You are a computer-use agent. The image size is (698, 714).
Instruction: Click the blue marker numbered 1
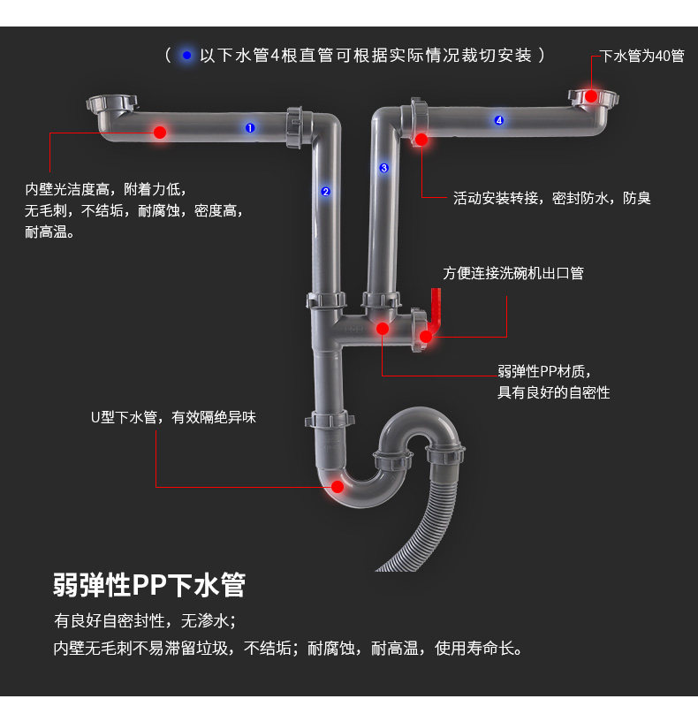click(250, 128)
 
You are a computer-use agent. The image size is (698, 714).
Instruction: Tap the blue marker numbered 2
click(325, 191)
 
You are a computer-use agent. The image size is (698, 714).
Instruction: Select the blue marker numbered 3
click(384, 168)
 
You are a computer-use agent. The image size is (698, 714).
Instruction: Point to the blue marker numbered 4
click(499, 120)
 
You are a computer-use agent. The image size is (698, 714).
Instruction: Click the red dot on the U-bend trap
click(337, 486)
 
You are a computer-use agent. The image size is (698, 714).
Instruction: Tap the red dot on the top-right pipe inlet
click(591, 95)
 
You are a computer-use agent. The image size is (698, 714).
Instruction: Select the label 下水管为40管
click(642, 57)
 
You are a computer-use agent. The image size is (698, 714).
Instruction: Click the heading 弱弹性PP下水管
click(149, 585)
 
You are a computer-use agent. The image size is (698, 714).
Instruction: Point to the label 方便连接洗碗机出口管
click(513, 273)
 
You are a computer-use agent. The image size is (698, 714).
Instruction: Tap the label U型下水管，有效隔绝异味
click(173, 417)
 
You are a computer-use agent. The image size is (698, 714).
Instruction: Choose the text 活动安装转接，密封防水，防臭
click(552, 199)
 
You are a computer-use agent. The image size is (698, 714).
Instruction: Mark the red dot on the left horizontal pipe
click(160, 133)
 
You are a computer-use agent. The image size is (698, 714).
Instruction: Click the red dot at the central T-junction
click(383, 329)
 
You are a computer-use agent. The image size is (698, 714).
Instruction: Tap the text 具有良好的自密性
click(554, 392)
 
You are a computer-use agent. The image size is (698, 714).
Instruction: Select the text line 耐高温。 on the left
click(50, 233)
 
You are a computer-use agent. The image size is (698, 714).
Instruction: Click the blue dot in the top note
click(186, 56)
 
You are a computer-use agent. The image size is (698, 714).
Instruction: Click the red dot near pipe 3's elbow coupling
click(421, 139)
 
